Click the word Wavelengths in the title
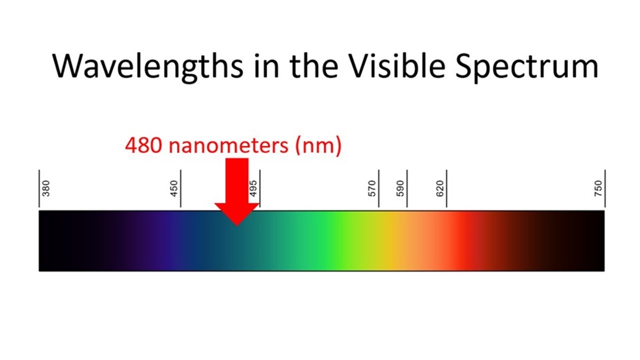pyautogui.click(x=147, y=66)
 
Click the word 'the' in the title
pyautogui.click(x=314, y=66)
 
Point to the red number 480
pyautogui.click(x=143, y=145)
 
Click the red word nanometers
pyautogui.click(x=228, y=146)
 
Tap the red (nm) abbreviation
pyautogui.click(x=318, y=146)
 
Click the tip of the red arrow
pyautogui.click(x=237, y=225)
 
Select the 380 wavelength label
pyautogui.click(x=45, y=188)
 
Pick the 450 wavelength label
pyautogui.click(x=173, y=188)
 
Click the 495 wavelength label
pyautogui.click(x=253, y=188)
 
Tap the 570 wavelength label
pyautogui.click(x=371, y=188)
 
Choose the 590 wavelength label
pyautogui.click(x=400, y=188)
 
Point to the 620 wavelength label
pyautogui.click(x=439, y=188)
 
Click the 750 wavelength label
pyautogui.click(x=598, y=188)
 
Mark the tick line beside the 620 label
pyautogui.click(x=446, y=188)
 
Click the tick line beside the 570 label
pyautogui.click(x=379, y=188)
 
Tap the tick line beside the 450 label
pyautogui.click(x=180, y=188)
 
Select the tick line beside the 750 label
pyautogui.click(x=605, y=188)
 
